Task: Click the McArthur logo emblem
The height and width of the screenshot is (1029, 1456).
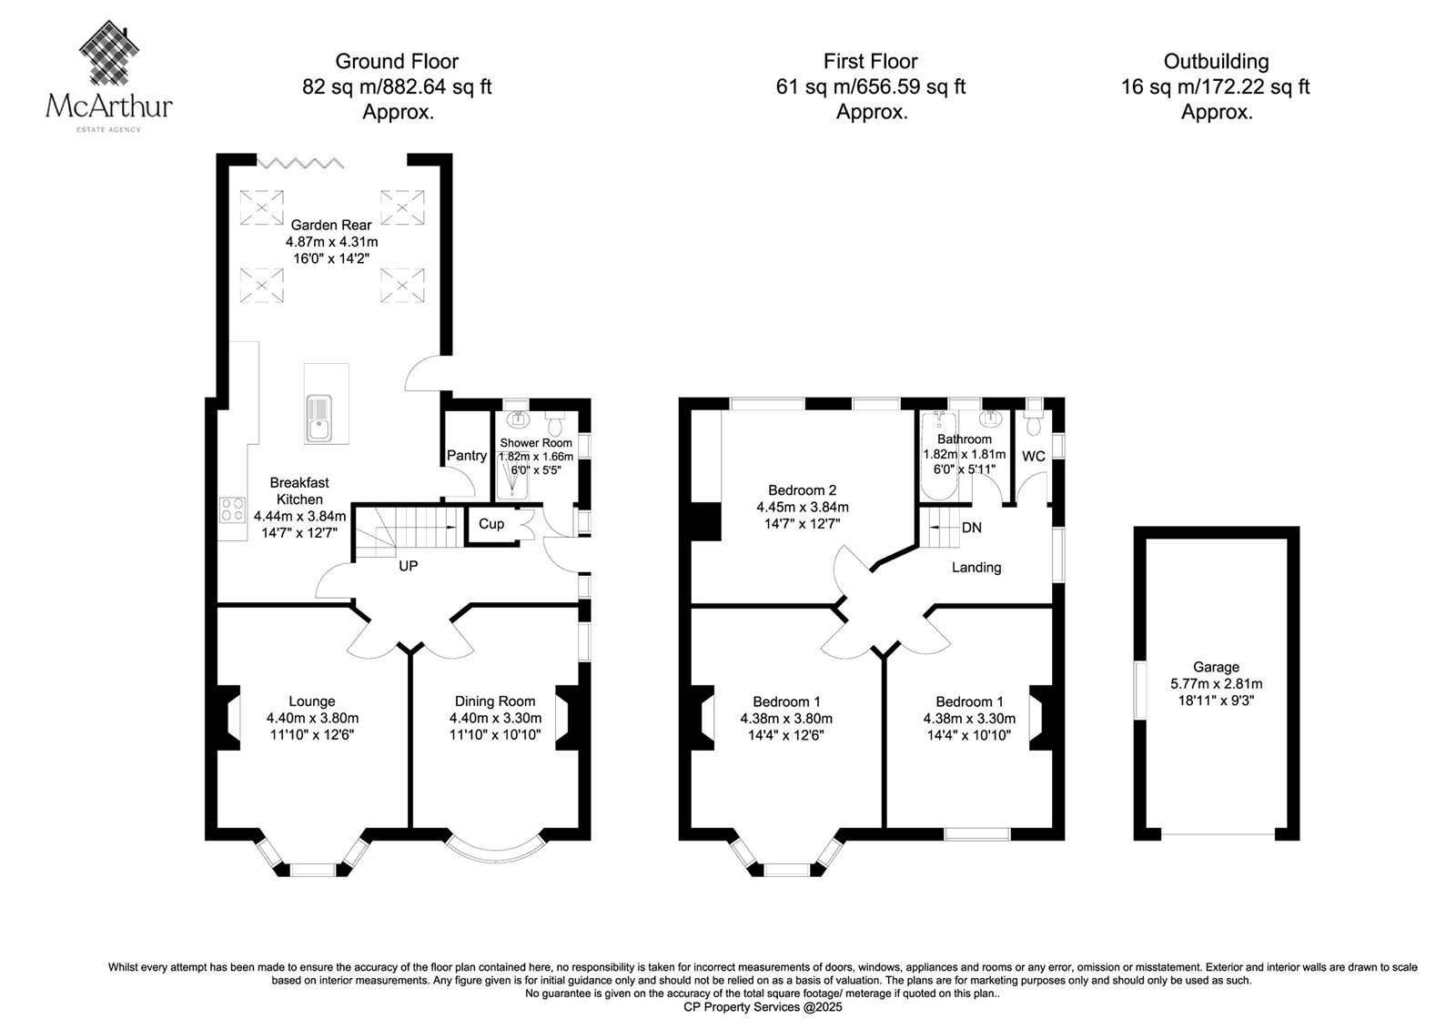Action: [x=109, y=54]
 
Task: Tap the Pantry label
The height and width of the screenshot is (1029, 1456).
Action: [x=467, y=456]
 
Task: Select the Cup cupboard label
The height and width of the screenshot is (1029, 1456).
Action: [x=491, y=524]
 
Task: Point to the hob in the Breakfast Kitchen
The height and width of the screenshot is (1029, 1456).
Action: [x=233, y=509]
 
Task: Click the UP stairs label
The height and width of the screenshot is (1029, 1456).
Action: [x=409, y=566]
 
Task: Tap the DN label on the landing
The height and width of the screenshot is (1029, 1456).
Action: [x=972, y=528]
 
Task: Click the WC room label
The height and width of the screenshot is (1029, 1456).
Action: [x=1034, y=457]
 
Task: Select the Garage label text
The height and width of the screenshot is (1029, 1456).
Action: [x=1216, y=667]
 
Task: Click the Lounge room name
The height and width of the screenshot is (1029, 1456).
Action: [x=312, y=701]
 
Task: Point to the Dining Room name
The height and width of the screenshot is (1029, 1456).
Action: [x=495, y=701]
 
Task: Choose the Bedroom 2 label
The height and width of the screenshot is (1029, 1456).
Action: [x=802, y=490]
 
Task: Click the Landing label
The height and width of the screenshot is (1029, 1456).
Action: [x=976, y=568]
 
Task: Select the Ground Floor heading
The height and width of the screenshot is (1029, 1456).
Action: [x=397, y=61]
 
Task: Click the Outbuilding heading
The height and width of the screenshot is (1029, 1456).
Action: [x=1216, y=61]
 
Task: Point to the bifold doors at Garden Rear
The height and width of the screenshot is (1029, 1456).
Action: [x=299, y=162]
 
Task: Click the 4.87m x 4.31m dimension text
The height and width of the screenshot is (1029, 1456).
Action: [x=331, y=242]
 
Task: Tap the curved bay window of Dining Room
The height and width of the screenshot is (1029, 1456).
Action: [x=495, y=848]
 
